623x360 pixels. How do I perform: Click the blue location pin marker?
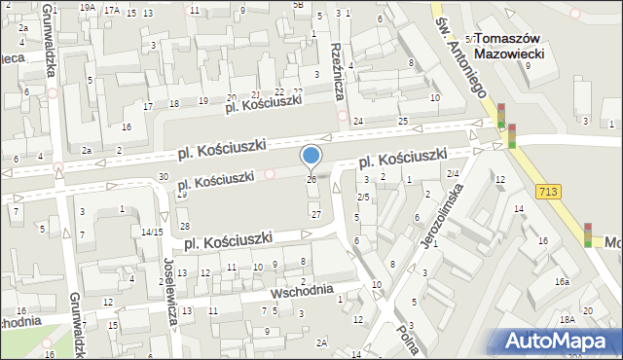point(311,156)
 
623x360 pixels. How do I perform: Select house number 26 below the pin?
point(311,180)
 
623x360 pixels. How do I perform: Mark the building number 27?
point(315,213)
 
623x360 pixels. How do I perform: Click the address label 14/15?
point(151,232)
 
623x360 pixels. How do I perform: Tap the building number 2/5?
point(363,198)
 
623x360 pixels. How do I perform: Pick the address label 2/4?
point(453,173)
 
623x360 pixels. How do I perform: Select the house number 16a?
point(563,281)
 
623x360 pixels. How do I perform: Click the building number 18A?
point(568,319)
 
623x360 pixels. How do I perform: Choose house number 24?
point(358,121)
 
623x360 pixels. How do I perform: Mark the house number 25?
point(403,121)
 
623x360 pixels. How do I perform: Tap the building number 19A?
point(87,8)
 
